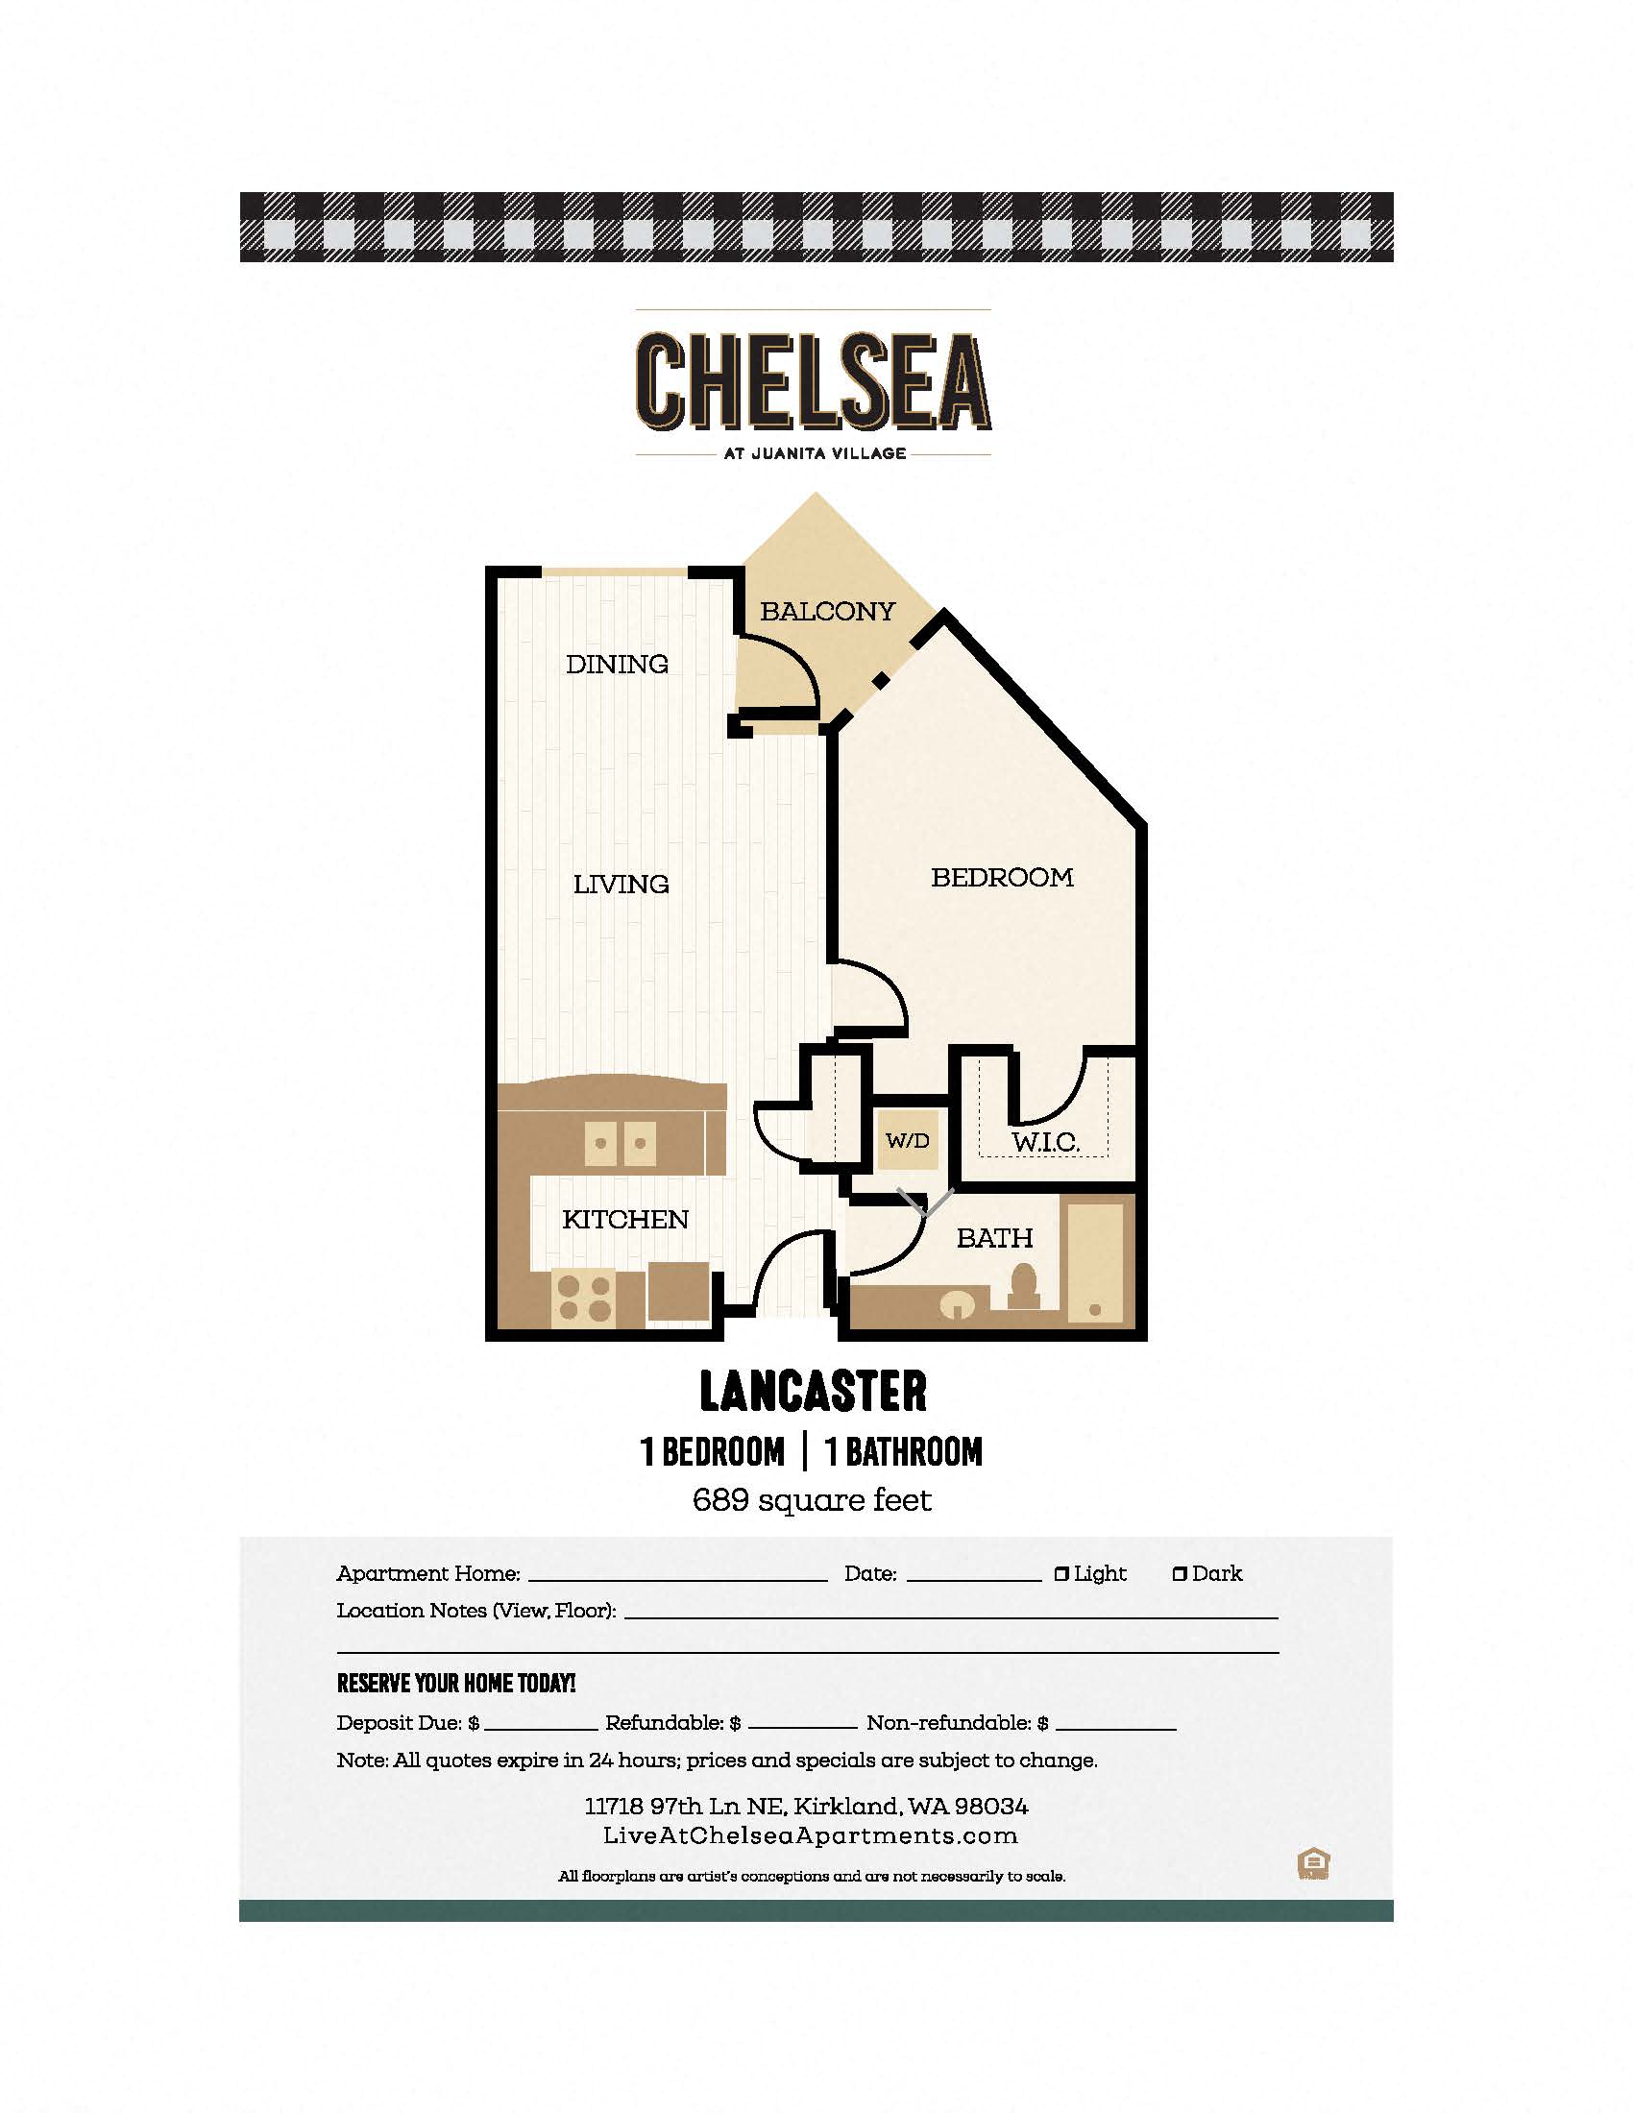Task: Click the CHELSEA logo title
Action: (x=814, y=381)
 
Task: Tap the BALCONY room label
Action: (x=827, y=612)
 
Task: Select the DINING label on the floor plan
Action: (x=618, y=664)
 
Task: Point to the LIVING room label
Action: (x=622, y=884)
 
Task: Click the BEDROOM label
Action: (x=1002, y=878)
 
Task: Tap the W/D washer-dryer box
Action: (x=908, y=1141)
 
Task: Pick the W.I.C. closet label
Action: (x=1045, y=1142)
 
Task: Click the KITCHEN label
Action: (x=625, y=1219)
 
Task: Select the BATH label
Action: (x=994, y=1237)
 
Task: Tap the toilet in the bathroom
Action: (x=1023, y=1288)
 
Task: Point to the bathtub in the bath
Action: (x=1095, y=1262)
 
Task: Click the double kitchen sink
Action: (x=621, y=1143)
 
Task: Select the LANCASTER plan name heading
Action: (x=814, y=1393)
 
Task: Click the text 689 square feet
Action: (x=813, y=1499)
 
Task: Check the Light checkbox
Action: (x=1061, y=1574)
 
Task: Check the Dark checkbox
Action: (x=1180, y=1574)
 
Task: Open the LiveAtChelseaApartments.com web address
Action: (x=811, y=1835)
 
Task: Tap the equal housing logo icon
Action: (x=1313, y=1863)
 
